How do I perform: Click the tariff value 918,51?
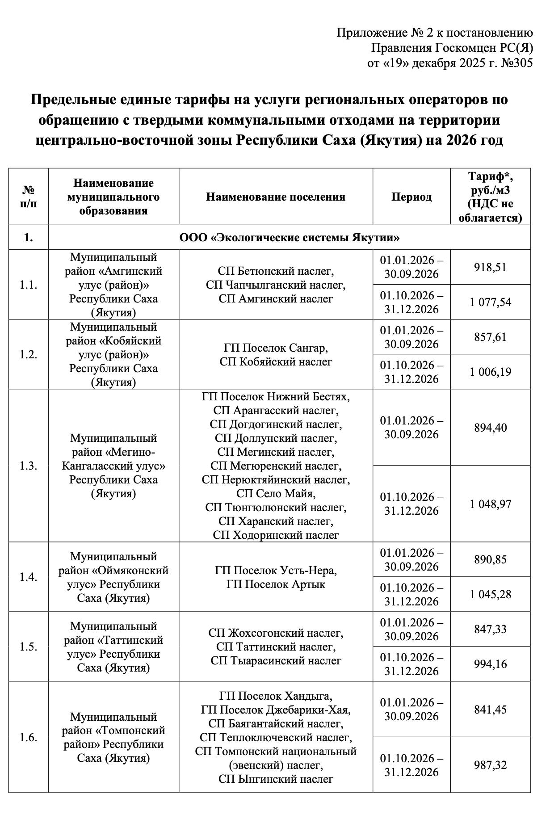[490, 267]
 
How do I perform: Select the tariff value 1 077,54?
[490, 302]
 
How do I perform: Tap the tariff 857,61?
[490, 337]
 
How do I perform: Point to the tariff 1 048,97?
[490, 504]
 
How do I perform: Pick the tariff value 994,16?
[490, 664]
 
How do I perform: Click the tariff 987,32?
[490, 765]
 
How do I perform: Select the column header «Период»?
[411, 197]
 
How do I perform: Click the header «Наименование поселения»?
[276, 197]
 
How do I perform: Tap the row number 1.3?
[28, 466]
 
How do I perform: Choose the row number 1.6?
[28, 737]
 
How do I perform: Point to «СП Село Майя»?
[276, 493]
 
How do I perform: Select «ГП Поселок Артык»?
[276, 584]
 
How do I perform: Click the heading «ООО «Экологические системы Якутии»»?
[289, 237]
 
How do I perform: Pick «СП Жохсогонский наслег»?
[276, 633]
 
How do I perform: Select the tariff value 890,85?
[490, 559]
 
